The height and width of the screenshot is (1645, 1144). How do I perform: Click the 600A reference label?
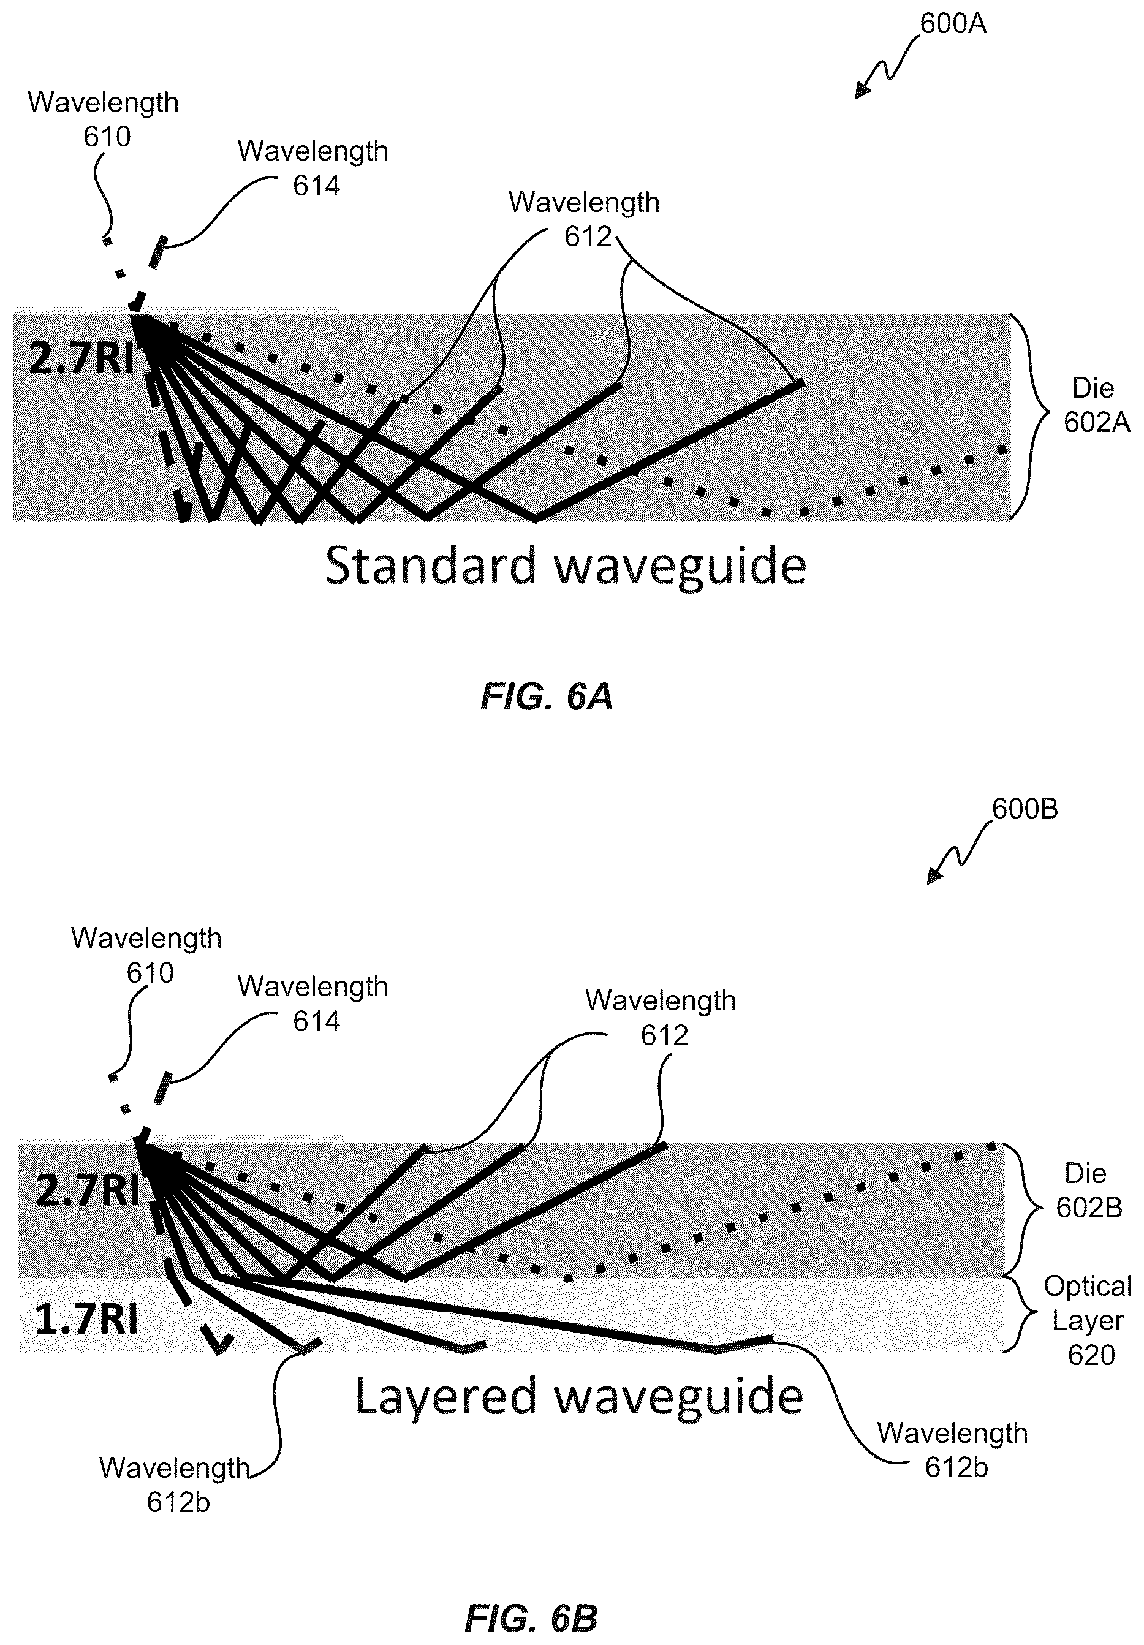click(x=953, y=24)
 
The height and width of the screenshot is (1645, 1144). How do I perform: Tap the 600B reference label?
click(x=1025, y=809)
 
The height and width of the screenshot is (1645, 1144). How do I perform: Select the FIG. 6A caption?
click(x=547, y=697)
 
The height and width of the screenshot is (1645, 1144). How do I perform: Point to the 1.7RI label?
click(x=86, y=1320)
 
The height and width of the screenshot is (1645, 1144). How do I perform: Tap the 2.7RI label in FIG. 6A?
click(x=81, y=358)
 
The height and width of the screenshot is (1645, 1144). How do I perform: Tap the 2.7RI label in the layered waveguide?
click(x=88, y=1192)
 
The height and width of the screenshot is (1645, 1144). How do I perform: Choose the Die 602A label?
click(x=1096, y=406)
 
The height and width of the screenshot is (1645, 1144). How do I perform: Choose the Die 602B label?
click(x=1088, y=1191)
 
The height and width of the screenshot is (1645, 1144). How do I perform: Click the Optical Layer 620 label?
click(x=1088, y=1320)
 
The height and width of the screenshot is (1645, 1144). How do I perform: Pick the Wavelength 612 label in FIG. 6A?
click(x=584, y=219)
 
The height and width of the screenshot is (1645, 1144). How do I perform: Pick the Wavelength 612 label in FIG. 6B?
click(x=661, y=1018)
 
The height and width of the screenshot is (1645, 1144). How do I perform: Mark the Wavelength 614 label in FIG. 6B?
click(x=313, y=1004)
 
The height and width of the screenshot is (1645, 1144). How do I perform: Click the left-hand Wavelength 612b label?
click(x=175, y=1485)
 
